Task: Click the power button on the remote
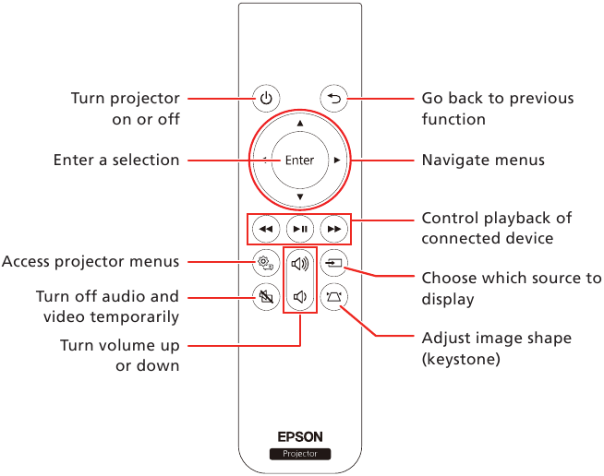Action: click(266, 98)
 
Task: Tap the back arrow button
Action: click(332, 98)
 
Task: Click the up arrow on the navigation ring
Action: click(299, 123)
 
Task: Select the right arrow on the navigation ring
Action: click(337, 161)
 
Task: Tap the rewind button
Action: click(265, 227)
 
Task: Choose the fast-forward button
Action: click(333, 227)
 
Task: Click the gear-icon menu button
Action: click(265, 263)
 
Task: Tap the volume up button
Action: click(299, 263)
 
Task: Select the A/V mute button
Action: click(265, 297)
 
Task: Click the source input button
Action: click(333, 263)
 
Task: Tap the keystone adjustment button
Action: click(333, 297)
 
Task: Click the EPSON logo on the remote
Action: click(299, 437)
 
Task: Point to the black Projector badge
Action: click(299, 454)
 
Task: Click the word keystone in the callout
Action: click(461, 359)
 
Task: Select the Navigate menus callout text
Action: click(483, 161)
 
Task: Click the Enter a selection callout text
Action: click(116, 161)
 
